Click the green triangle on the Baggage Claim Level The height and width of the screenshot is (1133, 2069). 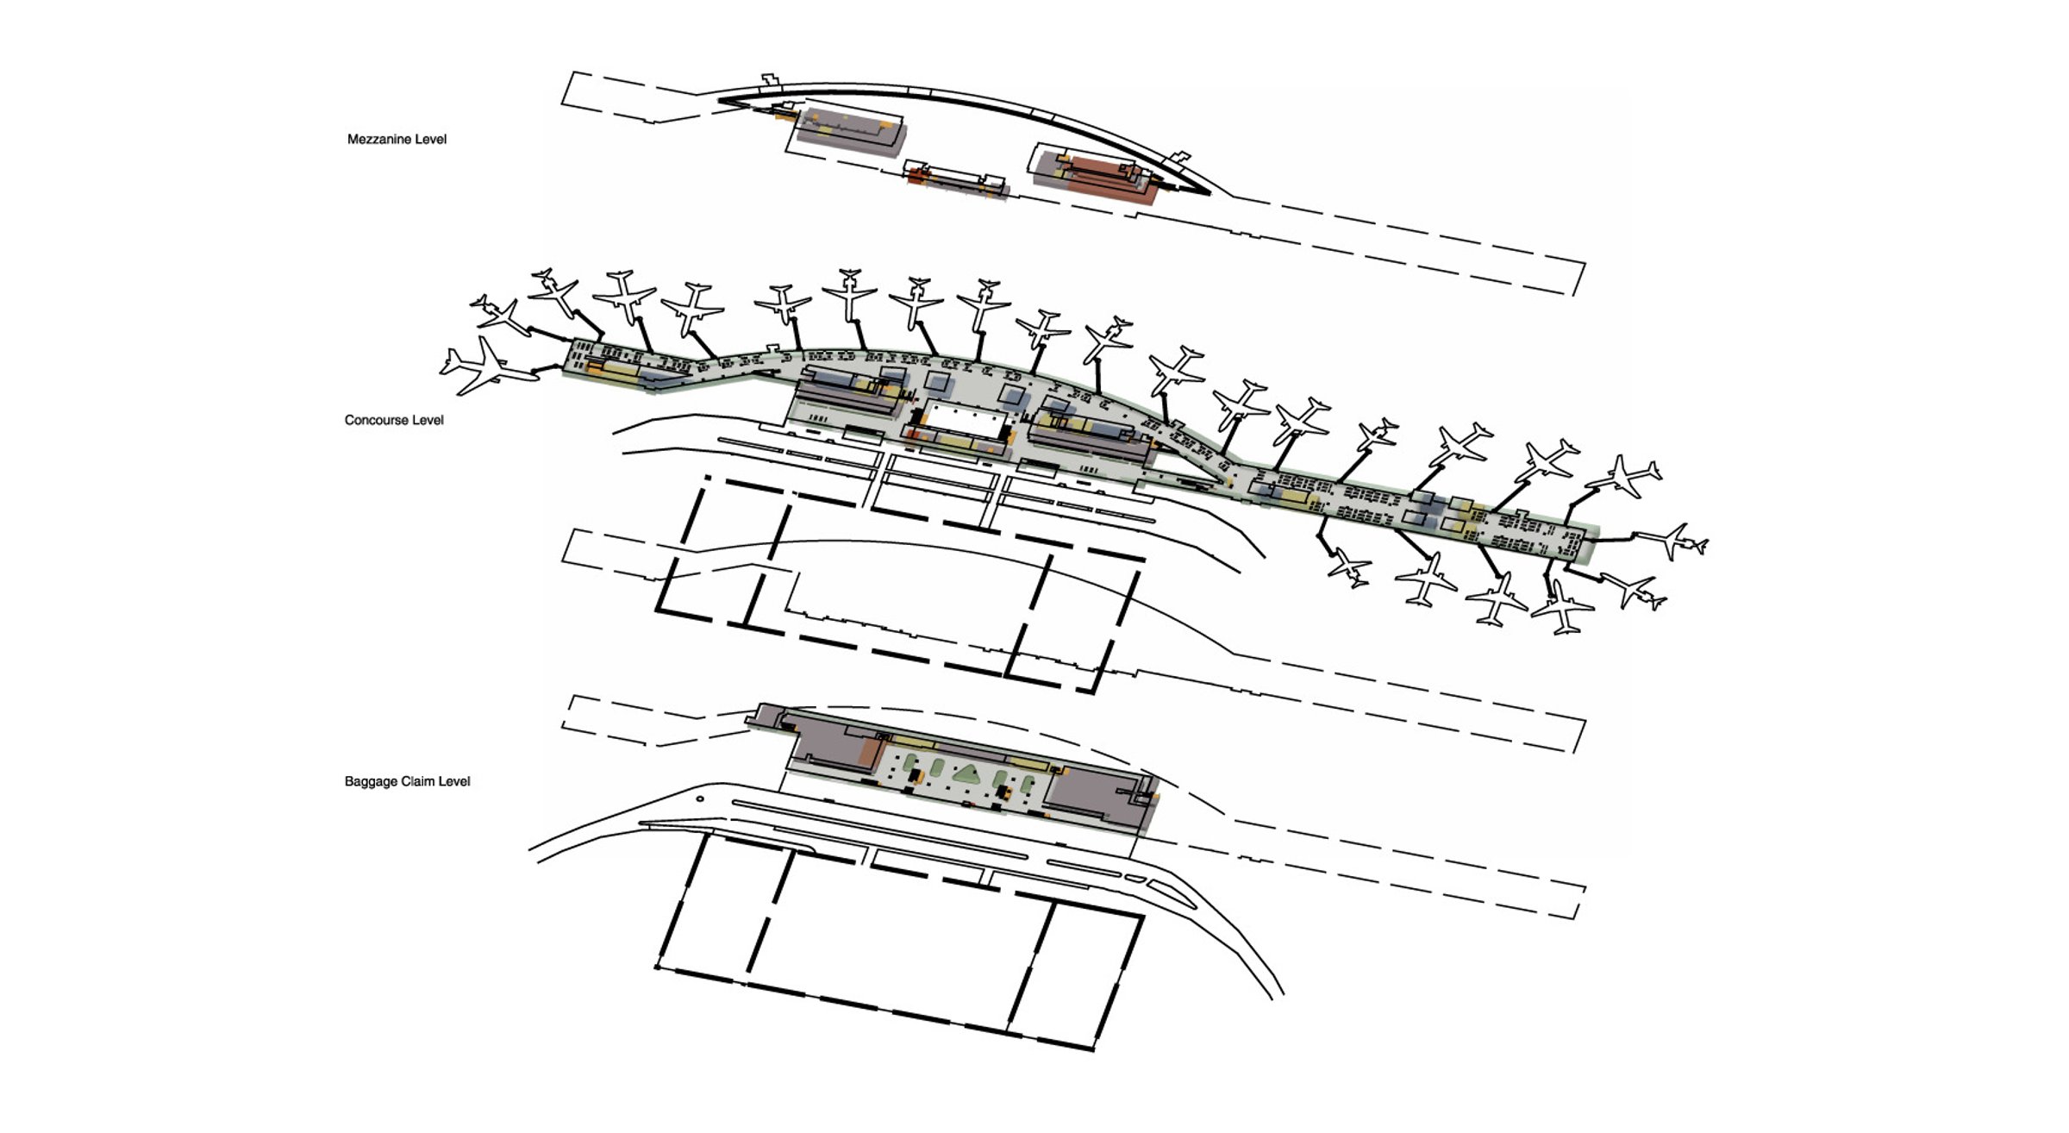tap(966, 773)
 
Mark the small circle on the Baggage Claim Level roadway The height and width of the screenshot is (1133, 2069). tap(700, 798)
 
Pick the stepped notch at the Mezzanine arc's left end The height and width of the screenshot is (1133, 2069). tap(769, 80)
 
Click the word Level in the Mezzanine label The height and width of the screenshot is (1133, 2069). tap(432, 139)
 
